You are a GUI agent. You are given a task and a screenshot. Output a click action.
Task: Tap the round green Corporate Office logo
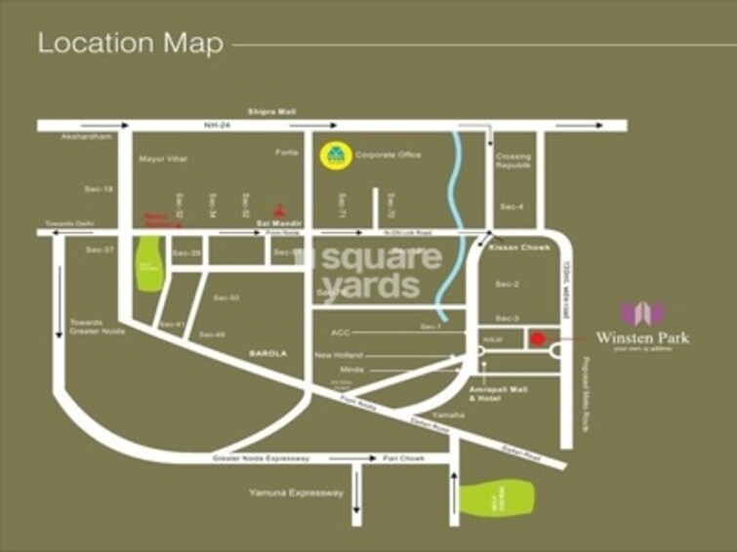point(335,155)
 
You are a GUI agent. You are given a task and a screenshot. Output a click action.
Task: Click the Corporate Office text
point(388,155)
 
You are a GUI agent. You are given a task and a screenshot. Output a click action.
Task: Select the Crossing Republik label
point(512,161)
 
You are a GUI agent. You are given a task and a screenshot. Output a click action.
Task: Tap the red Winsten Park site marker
point(537,338)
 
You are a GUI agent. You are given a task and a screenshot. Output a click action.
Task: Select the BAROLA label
point(268,353)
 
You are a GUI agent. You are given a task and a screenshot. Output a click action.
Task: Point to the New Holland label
point(340,355)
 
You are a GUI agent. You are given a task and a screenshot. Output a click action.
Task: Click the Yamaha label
point(450,415)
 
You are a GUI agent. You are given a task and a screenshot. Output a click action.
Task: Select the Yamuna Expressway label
point(298,493)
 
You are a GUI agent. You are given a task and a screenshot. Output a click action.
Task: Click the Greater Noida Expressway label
point(261,457)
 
